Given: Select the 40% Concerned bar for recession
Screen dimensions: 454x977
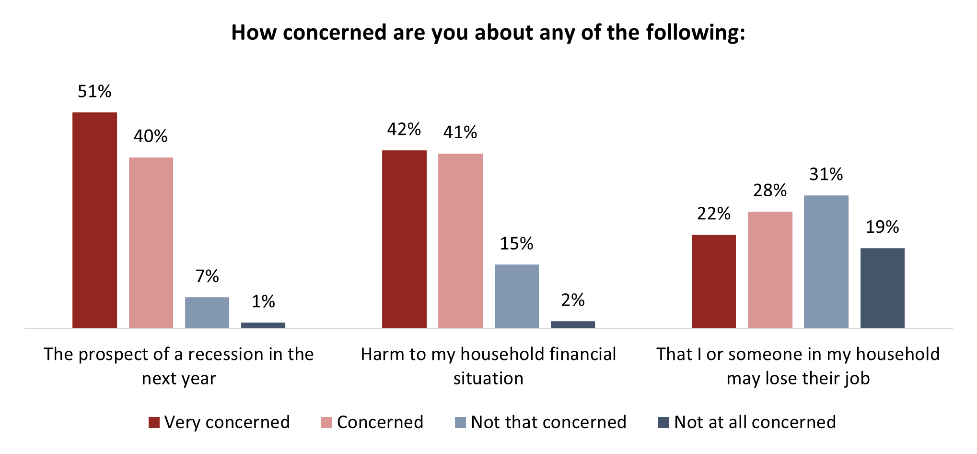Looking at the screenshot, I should (151, 242).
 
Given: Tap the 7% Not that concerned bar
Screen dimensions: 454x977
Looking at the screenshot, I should (207, 312).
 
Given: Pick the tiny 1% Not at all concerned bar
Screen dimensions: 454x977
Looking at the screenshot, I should (263, 325).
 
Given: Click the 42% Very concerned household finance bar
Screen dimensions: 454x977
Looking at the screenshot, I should (404, 239).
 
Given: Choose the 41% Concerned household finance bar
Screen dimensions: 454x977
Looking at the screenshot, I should (460, 240).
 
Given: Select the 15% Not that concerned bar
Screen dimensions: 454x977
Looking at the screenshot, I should (517, 296).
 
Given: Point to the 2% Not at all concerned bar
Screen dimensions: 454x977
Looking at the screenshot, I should (573, 324).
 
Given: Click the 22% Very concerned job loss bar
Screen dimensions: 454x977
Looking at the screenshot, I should (714, 281).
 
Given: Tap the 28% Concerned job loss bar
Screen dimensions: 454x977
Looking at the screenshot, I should (770, 270).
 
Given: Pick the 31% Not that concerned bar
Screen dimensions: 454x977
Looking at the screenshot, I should (826, 262).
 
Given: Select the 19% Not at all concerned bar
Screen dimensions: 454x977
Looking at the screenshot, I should (883, 288).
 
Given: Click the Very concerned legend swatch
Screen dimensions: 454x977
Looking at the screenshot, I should (154, 422).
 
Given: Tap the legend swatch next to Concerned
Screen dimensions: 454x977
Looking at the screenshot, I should (326, 422).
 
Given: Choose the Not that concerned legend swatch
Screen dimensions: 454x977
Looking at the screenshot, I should (460, 422).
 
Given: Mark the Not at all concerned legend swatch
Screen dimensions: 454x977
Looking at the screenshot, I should (663, 422).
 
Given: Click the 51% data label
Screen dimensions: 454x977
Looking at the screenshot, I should (94, 91).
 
